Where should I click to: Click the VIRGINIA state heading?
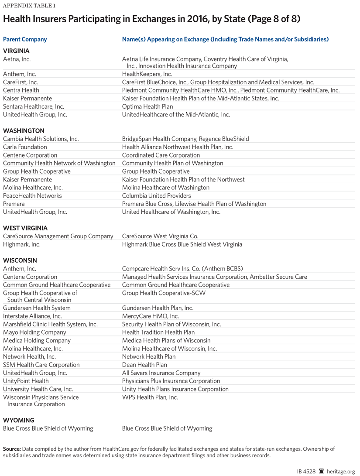[16, 51]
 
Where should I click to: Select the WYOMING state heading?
[18, 420]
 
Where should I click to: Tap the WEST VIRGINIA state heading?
[25, 228]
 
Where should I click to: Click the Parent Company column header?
[25, 39]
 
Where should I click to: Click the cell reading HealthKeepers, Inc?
[147, 74]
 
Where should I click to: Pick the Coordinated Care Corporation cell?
[161, 155]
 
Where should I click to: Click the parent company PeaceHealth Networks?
[32, 195]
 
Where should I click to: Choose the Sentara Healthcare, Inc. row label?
[34, 106]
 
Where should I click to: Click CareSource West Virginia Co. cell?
[160, 236]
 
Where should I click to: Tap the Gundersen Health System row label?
[37, 308]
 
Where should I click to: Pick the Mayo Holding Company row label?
[34, 332]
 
